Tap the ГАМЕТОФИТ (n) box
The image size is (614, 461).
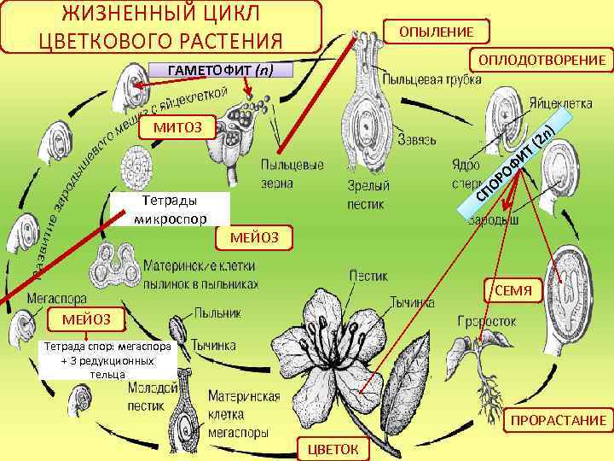click(x=221, y=70)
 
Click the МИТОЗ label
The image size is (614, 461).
click(x=177, y=128)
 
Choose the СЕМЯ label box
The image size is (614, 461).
click(x=513, y=291)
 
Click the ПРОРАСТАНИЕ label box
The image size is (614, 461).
click(x=558, y=420)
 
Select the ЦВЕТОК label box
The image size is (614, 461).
click(x=330, y=448)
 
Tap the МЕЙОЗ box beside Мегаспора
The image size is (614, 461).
click(x=86, y=319)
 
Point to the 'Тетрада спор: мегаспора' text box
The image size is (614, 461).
click(x=109, y=361)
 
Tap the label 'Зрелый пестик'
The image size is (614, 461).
click(x=368, y=194)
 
